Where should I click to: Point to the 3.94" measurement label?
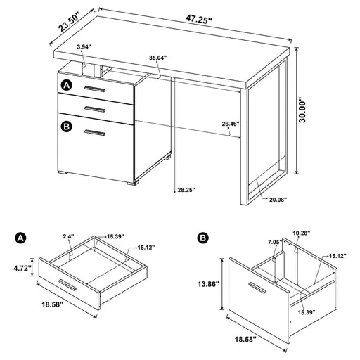click(x=84, y=47)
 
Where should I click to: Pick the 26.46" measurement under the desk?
click(x=230, y=124)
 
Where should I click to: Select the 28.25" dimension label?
click(x=185, y=189)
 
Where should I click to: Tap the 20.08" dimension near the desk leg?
click(x=277, y=200)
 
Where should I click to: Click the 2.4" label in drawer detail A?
click(x=68, y=237)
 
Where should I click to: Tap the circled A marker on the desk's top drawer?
click(x=66, y=85)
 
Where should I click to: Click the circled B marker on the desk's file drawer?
click(x=66, y=127)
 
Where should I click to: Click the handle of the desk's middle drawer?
click(x=94, y=108)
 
